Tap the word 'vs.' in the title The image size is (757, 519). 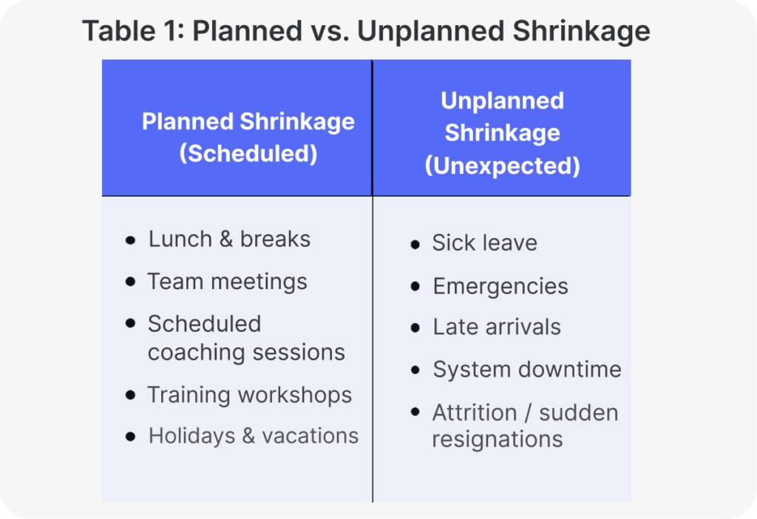pos(326,31)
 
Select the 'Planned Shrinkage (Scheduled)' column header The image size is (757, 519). pos(248,137)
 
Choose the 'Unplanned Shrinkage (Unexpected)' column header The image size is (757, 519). pos(502,133)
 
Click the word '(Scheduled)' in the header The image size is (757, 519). pos(248,153)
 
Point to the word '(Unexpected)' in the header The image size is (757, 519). pos(502,165)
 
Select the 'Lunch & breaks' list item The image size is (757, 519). pos(229,239)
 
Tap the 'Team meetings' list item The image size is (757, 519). pos(227,282)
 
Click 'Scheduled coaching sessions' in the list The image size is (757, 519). pos(245,338)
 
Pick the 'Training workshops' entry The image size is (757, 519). pos(249,395)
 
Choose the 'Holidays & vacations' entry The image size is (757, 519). pos(254,435)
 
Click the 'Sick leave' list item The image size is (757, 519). pos(484,243)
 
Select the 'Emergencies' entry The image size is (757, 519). pos(500,286)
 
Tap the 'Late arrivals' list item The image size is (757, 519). pos(497,327)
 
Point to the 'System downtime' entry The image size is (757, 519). pos(527,369)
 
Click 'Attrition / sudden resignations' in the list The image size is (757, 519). pos(525,425)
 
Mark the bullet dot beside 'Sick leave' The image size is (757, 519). pos(415,244)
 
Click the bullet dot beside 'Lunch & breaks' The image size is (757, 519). pos(131,240)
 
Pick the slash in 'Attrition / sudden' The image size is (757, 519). pos(529,412)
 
